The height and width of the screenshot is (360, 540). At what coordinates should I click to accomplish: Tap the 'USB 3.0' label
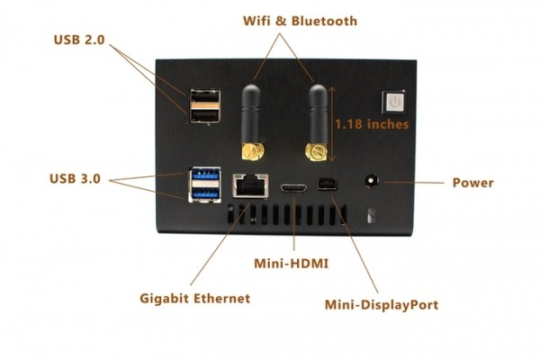click(x=78, y=178)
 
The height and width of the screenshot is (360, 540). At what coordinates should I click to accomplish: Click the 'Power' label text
click(x=472, y=182)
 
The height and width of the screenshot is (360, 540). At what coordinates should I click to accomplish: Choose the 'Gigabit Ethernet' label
click(x=195, y=298)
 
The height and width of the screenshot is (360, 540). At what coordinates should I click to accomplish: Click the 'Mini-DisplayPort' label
click(x=382, y=304)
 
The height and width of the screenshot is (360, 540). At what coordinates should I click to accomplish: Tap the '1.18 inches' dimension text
click(x=371, y=123)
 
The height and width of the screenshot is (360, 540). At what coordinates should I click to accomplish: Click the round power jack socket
click(x=370, y=181)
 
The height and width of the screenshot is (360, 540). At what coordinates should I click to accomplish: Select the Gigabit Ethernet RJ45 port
click(x=246, y=184)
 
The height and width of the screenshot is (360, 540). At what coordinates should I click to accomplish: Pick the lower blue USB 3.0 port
click(x=202, y=192)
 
